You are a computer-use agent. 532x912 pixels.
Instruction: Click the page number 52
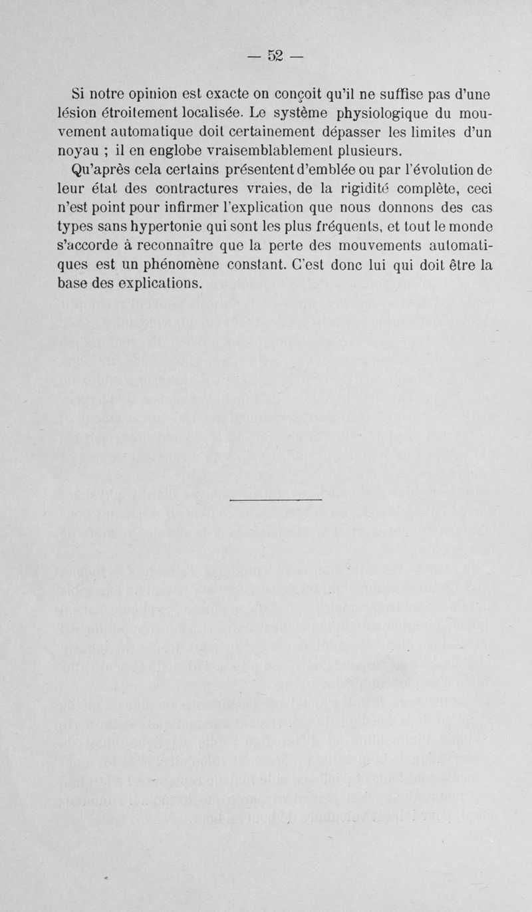click(x=275, y=56)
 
